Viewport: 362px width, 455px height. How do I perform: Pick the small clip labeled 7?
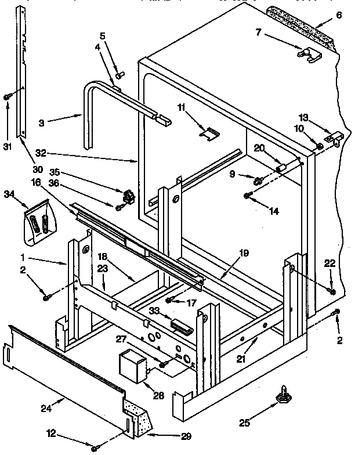point(306,54)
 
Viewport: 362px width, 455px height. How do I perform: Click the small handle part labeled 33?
point(180,327)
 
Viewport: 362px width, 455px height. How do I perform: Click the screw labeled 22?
point(332,290)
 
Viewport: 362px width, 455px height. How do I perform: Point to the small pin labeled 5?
point(121,74)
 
